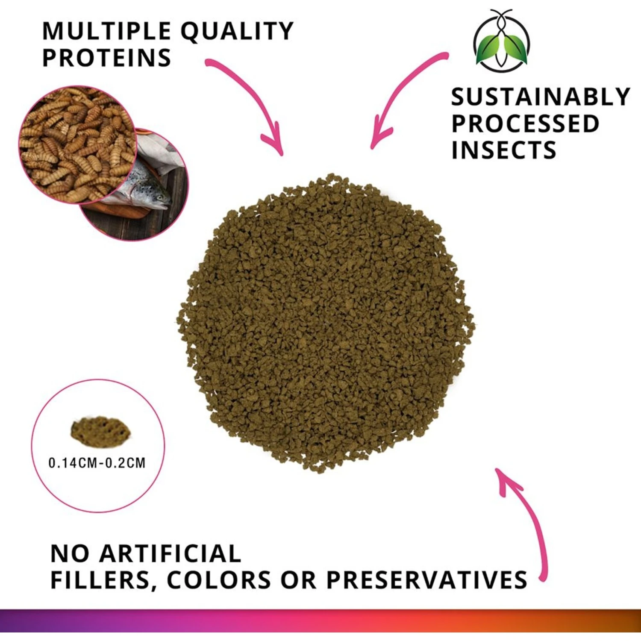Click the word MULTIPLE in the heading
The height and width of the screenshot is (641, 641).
point(106,31)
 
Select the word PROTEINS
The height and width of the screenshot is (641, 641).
point(106,58)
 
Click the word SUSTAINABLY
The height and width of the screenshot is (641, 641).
point(540,97)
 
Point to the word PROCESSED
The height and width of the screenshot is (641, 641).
point(525,123)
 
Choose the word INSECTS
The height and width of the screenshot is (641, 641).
point(504,150)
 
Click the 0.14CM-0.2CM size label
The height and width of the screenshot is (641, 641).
point(97,463)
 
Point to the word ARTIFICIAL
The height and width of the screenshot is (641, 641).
point(170,554)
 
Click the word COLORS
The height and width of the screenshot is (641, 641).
point(219,580)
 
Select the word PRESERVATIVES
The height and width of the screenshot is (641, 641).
point(426,580)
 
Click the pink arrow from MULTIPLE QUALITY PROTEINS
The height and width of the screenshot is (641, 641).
point(252,98)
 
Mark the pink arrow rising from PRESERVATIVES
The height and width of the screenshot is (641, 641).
point(530,521)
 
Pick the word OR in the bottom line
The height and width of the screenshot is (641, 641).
point(298,580)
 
